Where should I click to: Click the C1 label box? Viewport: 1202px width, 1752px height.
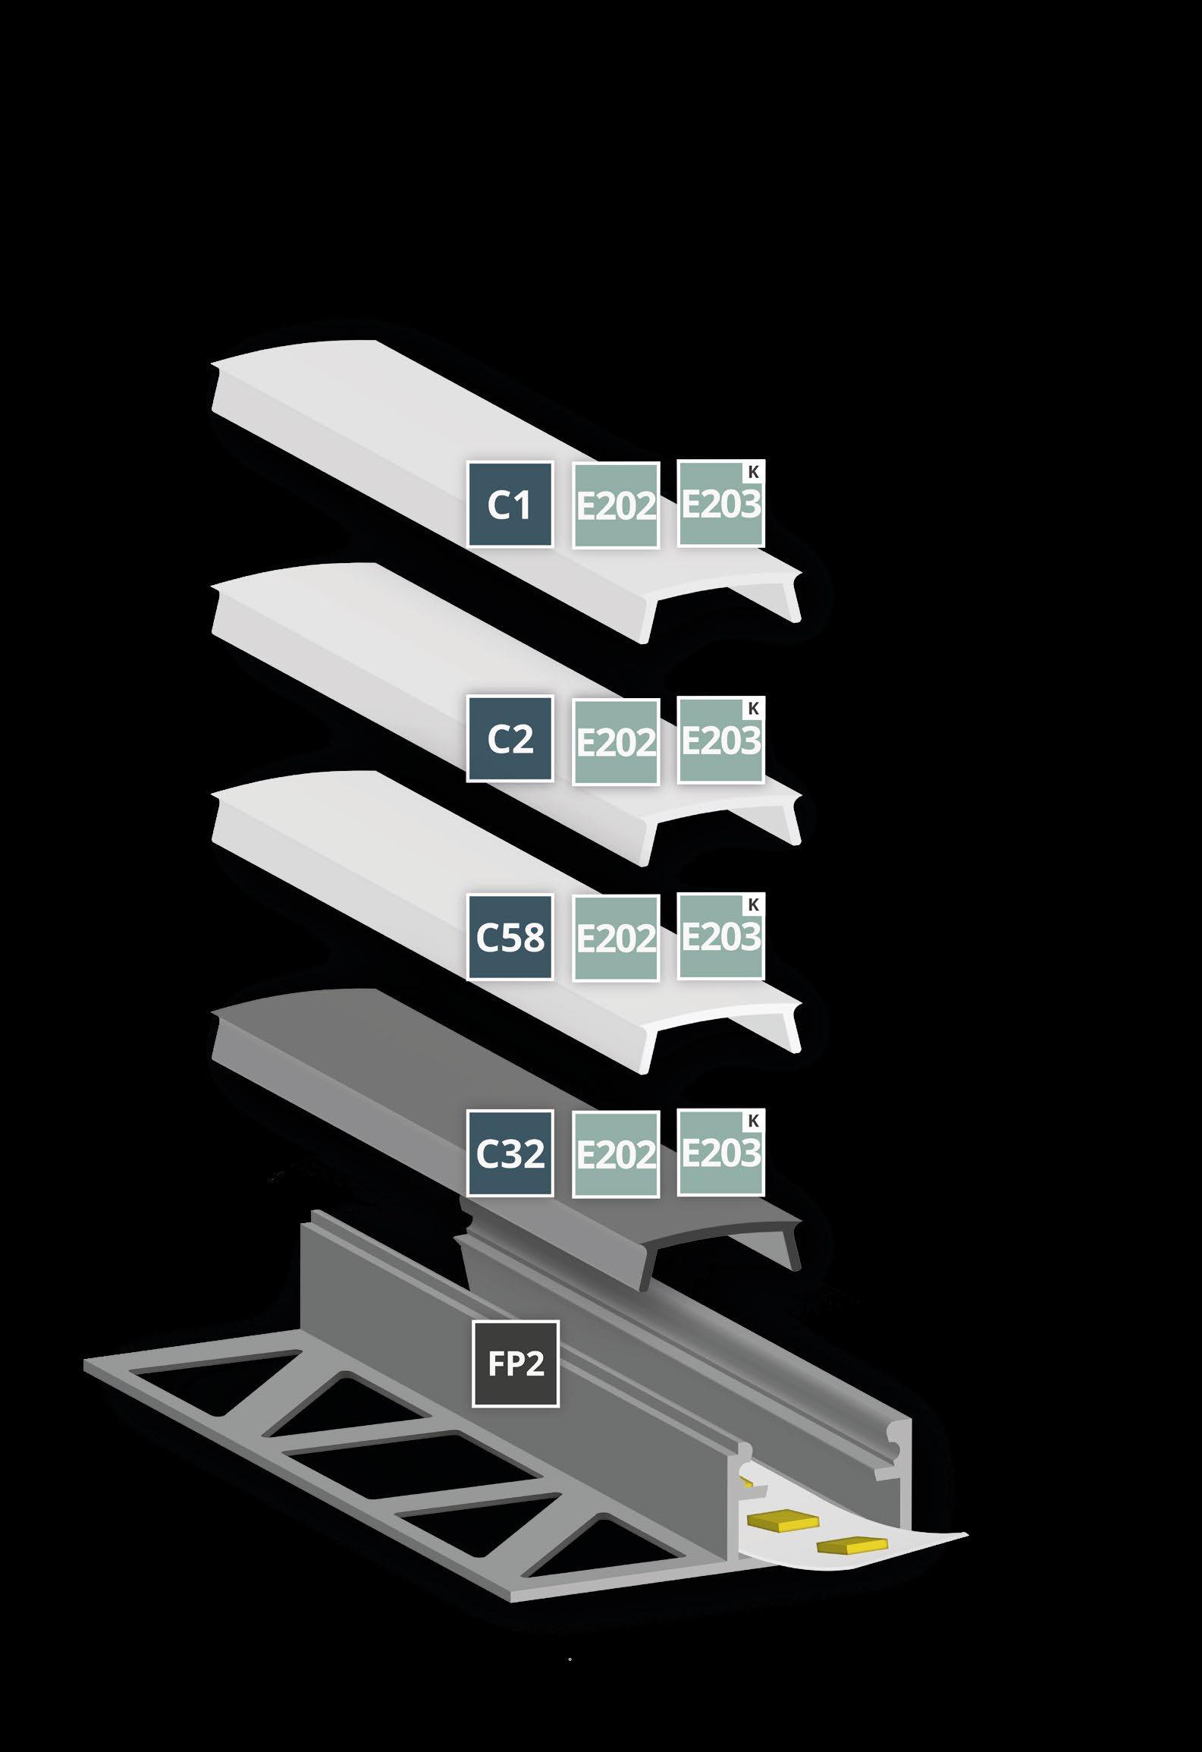click(510, 505)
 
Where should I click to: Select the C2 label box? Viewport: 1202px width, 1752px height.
click(510, 738)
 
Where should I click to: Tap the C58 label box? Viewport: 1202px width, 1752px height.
click(510, 936)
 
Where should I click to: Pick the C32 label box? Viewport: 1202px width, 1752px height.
click(510, 1153)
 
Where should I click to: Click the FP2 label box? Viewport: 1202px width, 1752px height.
click(516, 1364)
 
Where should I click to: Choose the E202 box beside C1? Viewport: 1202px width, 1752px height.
click(616, 505)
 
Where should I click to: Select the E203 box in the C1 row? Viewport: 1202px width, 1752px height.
click(720, 504)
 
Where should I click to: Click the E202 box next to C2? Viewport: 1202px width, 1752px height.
click(616, 742)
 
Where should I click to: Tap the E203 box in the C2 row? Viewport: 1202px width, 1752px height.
click(720, 741)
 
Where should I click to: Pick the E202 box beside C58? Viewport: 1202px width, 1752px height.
click(616, 938)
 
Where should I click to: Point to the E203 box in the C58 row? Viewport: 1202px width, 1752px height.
click(720, 936)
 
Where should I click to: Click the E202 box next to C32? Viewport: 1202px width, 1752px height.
click(616, 1155)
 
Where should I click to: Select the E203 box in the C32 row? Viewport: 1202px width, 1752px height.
click(720, 1153)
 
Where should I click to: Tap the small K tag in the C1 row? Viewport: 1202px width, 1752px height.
click(753, 472)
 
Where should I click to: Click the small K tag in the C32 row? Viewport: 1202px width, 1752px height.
click(753, 1121)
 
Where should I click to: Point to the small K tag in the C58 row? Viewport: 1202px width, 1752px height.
click(753, 904)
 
